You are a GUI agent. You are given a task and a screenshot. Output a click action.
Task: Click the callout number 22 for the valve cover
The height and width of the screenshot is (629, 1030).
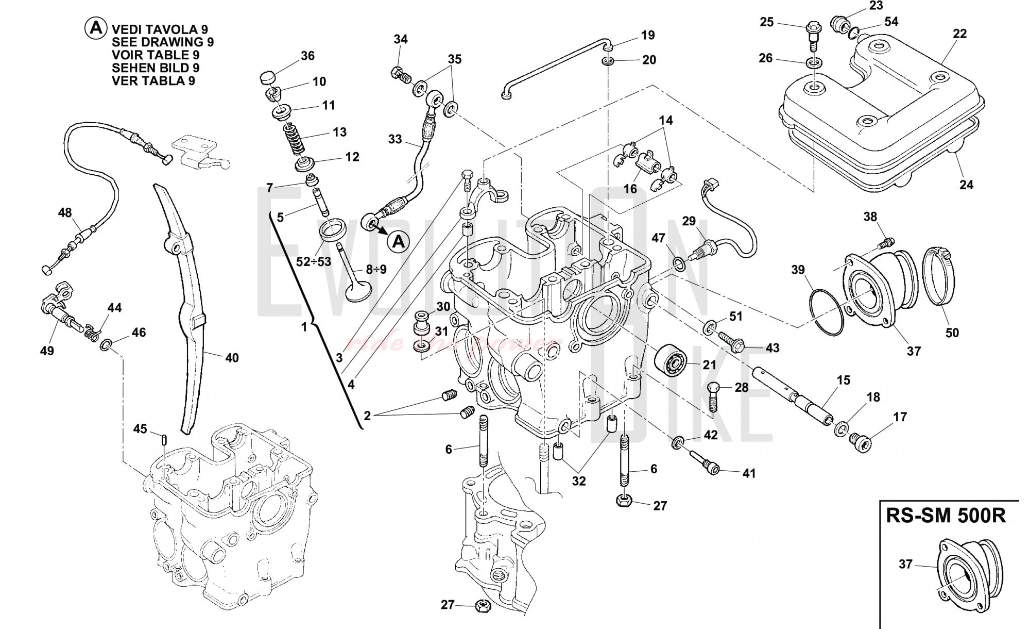959,34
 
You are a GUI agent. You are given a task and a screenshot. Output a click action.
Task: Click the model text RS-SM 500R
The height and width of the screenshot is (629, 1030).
946,516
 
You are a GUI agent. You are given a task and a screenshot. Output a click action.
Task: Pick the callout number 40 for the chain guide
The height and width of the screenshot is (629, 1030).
232,357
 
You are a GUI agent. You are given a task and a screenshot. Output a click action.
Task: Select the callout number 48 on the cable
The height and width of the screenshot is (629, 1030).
65,213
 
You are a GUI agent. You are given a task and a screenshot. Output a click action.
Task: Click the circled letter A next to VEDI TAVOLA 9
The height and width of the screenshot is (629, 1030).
95,29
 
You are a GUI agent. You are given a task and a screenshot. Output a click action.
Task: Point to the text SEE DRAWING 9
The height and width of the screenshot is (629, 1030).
163,42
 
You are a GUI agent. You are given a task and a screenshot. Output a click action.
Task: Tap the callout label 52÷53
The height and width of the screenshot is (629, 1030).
313,261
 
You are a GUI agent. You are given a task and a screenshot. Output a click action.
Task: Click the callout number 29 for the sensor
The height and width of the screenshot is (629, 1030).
689,222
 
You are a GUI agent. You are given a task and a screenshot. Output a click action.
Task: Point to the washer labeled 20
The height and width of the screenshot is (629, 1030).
608,62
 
